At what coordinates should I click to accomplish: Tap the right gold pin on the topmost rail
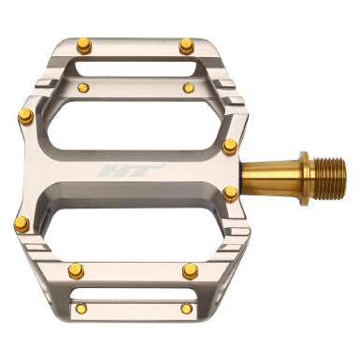(x=186, y=44)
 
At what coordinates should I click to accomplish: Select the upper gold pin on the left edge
(x=25, y=116)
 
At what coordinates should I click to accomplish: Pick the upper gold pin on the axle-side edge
(x=229, y=146)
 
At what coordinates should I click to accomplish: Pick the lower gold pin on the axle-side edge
(x=230, y=194)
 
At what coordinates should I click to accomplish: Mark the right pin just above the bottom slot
(x=190, y=271)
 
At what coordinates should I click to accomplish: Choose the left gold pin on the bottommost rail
(x=80, y=310)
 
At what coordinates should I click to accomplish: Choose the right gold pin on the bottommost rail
(x=186, y=309)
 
